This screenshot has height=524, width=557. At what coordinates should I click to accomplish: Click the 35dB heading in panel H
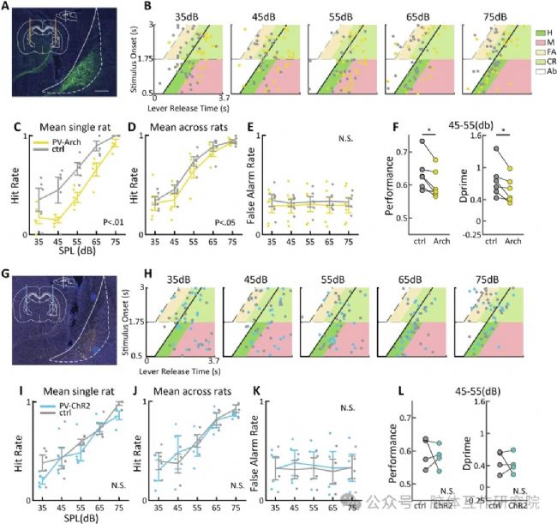point(177,280)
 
